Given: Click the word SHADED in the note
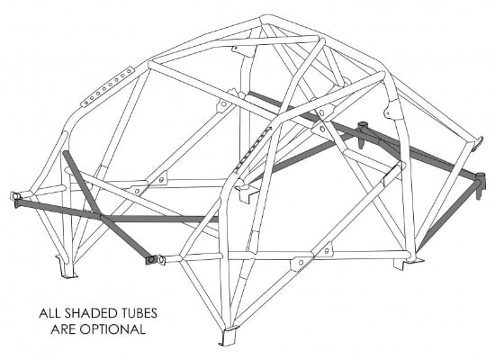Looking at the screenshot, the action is coord(85,313).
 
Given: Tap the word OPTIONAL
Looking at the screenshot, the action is coord(112,329).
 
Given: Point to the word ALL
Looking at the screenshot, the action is coord(49,313).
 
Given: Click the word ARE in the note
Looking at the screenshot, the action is coord(63,329).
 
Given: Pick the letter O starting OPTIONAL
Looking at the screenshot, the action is coord(85,329).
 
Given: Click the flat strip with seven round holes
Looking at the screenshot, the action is coord(107,87).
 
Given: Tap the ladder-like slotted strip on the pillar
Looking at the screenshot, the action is coord(253,149).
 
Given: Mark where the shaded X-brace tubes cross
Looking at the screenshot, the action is coord(102,217).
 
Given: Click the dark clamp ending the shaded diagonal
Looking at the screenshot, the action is coord(150,260).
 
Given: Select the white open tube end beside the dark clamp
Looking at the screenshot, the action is coord(161,260).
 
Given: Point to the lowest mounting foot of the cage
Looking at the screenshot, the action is coord(228,337).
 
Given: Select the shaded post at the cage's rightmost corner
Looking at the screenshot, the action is coord(480,185).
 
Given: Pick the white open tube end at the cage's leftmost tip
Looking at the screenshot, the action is coord(14,196).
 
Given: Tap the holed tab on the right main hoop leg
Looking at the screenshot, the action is coord(391,112).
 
